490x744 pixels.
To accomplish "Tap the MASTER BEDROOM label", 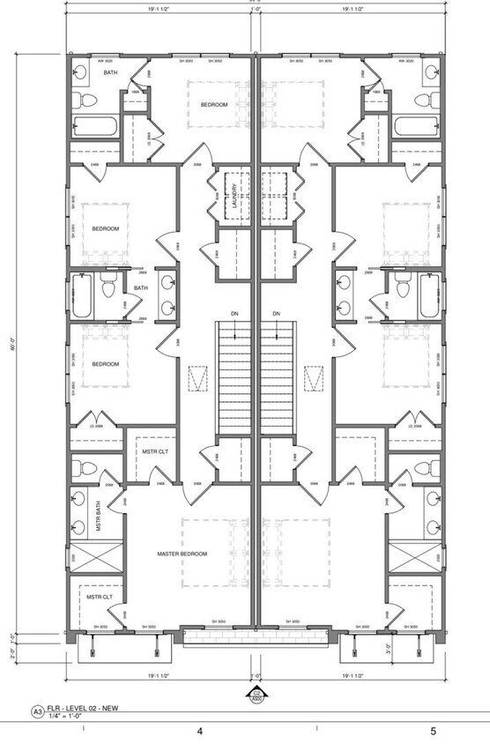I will pos(182,554).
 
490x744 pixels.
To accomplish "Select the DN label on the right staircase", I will pos(276,314).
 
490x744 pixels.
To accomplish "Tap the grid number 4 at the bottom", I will pos(200,732).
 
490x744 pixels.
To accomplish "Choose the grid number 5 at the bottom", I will pos(433,732).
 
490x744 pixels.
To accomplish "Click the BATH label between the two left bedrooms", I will pos(141,288).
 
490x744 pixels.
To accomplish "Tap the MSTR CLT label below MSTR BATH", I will pos(98,597).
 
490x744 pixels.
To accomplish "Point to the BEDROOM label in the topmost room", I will pos(213,105).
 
